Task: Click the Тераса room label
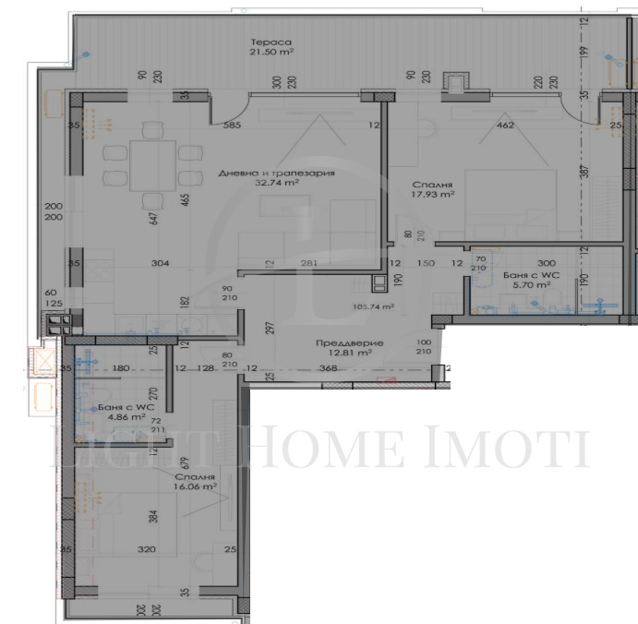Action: coord(271,42)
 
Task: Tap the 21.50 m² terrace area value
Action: coord(271,54)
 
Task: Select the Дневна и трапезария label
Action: coord(276,173)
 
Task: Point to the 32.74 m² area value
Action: coord(277,183)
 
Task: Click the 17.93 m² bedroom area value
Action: coord(433,194)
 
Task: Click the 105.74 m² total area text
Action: coord(374,306)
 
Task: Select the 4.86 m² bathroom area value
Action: coord(126,416)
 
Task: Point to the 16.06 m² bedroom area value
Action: coord(196,484)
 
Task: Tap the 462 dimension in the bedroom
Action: coord(505,126)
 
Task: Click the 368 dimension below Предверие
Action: coord(328,369)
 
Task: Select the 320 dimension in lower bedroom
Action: coord(147,547)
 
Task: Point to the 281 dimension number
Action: coord(308,264)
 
